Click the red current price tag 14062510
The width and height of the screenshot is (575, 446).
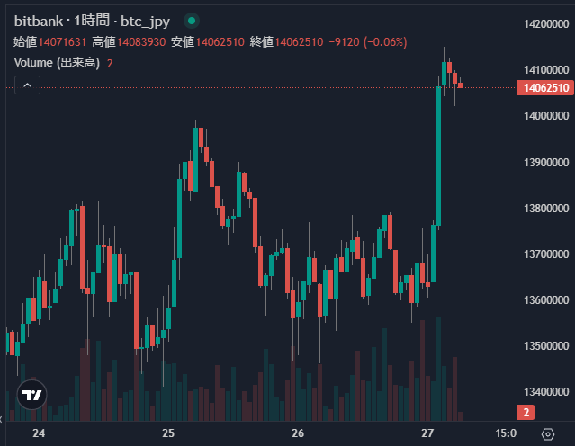[544, 87]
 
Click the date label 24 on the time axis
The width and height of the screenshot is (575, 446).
[39, 433]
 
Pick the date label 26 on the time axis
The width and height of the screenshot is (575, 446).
[299, 433]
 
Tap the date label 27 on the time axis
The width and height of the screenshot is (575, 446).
[428, 433]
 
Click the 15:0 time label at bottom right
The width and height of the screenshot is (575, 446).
[506, 433]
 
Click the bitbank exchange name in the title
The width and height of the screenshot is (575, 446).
[38, 20]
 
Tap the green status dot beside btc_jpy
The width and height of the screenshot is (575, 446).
[192, 20]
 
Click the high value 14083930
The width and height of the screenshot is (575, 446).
[140, 41]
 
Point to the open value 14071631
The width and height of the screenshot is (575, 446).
[62, 41]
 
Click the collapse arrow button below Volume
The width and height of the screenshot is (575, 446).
[27, 85]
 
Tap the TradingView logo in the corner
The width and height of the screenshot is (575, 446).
[31, 395]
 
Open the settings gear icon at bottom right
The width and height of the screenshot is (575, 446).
[548, 433]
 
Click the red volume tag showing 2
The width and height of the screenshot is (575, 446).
[525, 412]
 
